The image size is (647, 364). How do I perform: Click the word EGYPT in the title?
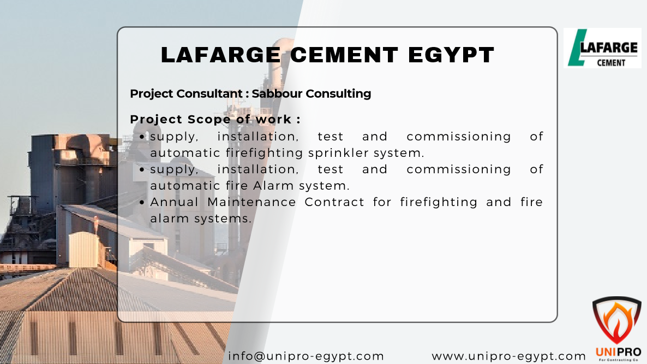[x=451, y=55]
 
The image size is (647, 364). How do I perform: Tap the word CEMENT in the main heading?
[x=344, y=55]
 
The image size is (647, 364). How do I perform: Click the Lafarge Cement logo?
[x=602, y=48]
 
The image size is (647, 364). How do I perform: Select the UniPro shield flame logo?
[x=617, y=320]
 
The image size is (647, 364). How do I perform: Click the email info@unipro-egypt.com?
[x=305, y=356]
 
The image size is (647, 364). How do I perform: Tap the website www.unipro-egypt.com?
[x=509, y=356]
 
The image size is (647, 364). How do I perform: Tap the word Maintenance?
[x=251, y=202]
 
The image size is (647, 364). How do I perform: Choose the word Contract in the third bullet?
[x=334, y=202]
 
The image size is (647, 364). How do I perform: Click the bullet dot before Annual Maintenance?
[x=142, y=202]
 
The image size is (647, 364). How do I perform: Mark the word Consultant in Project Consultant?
[x=209, y=94]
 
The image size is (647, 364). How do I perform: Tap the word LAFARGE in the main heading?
[x=221, y=55]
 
